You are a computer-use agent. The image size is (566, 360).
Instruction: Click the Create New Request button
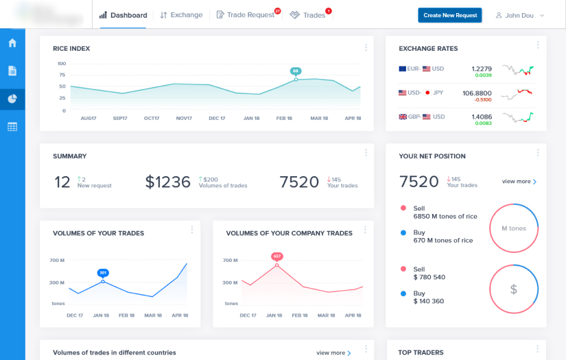pos(449,15)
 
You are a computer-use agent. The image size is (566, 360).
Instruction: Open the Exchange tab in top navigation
pos(181,15)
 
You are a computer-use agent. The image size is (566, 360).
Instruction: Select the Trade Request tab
pos(246,15)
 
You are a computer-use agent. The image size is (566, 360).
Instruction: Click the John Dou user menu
pos(520,15)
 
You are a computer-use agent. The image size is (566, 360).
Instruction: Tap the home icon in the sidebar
pos(12,43)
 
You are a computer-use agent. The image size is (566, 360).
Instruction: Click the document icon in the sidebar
pos(12,71)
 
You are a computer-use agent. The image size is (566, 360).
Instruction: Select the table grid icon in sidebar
pos(12,127)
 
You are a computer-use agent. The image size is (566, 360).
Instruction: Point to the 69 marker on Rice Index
pos(296,71)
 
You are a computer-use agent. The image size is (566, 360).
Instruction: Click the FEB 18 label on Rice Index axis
pos(284,119)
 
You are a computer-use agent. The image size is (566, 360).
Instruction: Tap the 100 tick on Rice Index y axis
pos(62,64)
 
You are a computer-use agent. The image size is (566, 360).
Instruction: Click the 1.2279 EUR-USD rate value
pos(482,69)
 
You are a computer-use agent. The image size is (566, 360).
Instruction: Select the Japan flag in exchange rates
pos(427,93)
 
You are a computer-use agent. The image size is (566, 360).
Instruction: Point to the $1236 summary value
pos(167,182)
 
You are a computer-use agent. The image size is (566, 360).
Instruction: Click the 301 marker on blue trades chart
pos(103,272)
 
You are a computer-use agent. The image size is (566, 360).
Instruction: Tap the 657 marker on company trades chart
pos(276,256)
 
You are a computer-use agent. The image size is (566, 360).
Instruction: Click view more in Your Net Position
pos(519,182)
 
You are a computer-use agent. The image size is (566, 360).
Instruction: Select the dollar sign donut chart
pos(513,289)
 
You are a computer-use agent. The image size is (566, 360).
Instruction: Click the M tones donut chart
pos(513,228)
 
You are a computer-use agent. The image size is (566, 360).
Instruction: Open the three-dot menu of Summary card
pos(366,153)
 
